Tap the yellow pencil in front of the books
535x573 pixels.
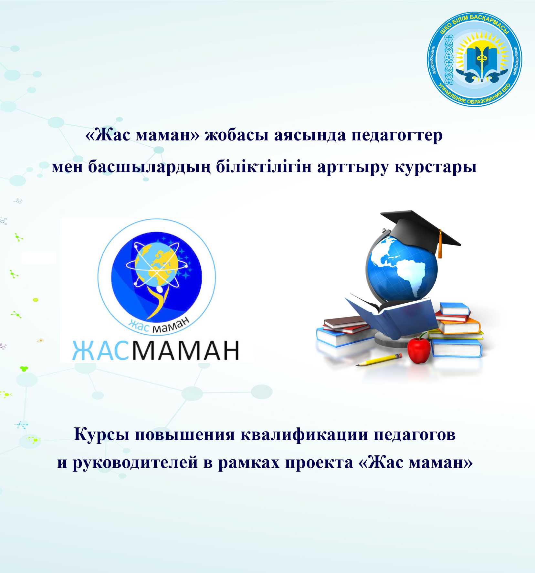[x=379, y=360]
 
